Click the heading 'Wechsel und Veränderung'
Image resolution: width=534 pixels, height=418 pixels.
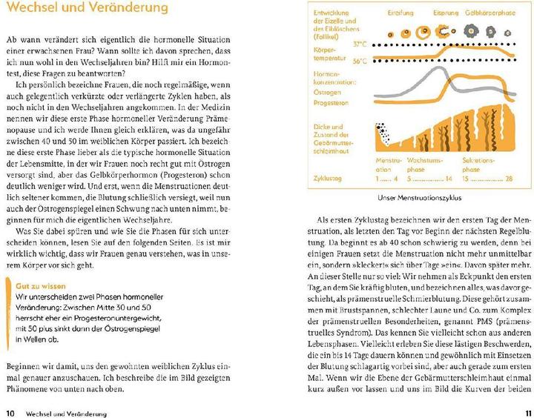tap(86, 10)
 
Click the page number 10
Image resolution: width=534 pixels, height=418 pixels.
tap(10, 413)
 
